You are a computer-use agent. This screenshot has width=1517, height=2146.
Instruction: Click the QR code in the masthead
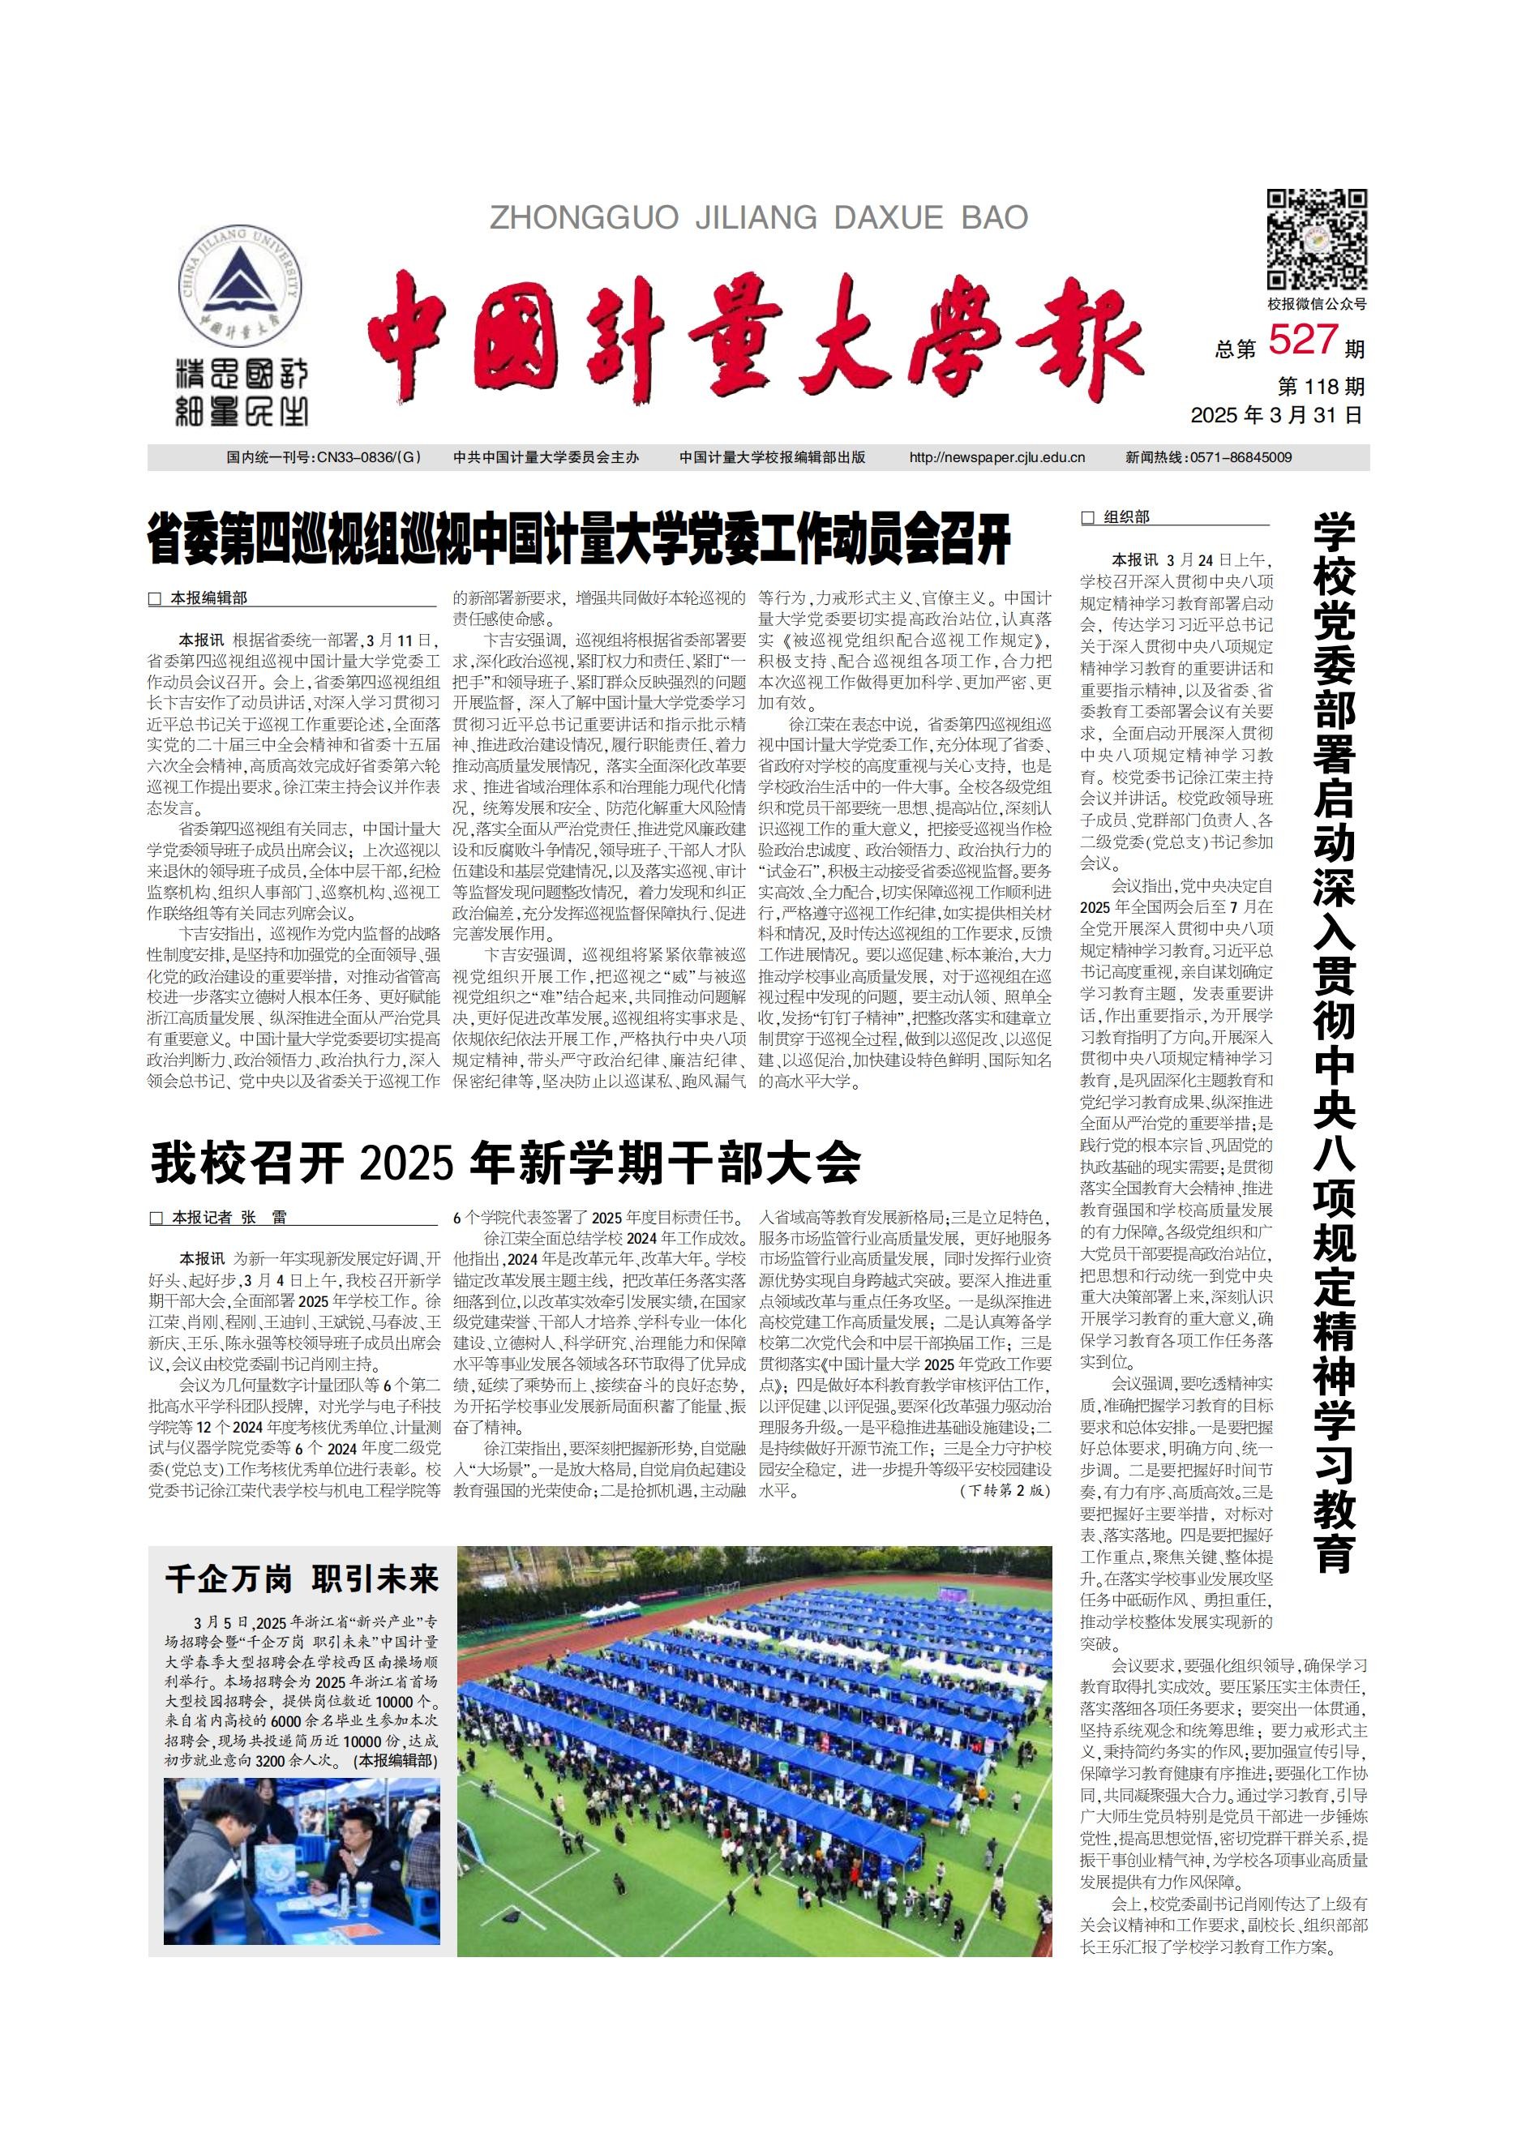(1316, 239)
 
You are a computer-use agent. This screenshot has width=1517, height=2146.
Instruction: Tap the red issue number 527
(1303, 341)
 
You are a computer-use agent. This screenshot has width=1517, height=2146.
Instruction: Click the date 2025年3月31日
(1276, 415)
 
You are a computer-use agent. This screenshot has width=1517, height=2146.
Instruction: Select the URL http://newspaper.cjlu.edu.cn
(996, 458)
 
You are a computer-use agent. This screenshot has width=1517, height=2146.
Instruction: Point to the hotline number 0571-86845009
(1240, 458)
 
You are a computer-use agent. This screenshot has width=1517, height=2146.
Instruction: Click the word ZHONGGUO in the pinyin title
(585, 218)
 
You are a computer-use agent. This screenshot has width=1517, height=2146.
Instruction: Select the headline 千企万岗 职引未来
(301, 1578)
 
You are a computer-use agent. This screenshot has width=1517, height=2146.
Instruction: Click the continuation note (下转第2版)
(1005, 1490)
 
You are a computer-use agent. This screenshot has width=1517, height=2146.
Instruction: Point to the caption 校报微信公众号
(1316, 304)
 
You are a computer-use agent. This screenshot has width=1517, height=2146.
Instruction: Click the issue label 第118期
(1321, 386)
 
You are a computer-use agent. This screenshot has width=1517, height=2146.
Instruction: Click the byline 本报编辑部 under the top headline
(208, 598)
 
